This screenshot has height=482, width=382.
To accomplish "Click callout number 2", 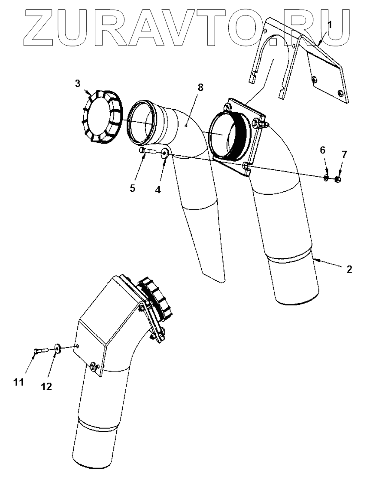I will (349, 269).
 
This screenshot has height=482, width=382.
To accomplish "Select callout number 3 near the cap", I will (77, 83).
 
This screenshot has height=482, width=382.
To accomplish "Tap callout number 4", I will (158, 190).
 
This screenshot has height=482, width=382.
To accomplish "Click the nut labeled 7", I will (338, 179).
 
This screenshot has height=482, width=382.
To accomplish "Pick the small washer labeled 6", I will (326, 177).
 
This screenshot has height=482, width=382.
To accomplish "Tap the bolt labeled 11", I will (41, 351).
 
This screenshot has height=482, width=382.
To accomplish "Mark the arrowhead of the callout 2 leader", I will (315, 260).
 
